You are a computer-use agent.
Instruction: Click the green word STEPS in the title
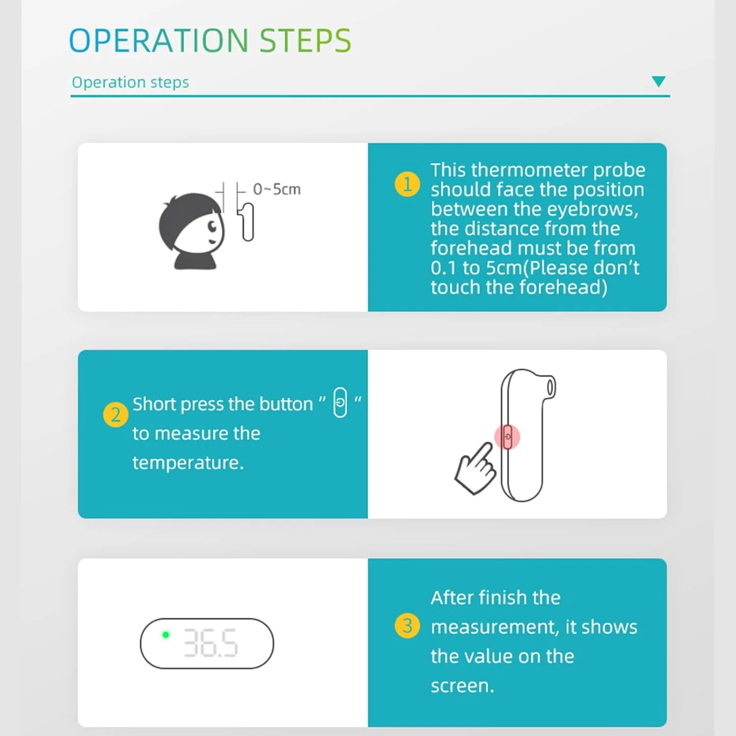(x=305, y=40)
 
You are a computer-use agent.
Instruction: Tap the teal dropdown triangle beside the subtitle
(x=658, y=81)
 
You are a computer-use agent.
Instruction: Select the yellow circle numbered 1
(x=407, y=184)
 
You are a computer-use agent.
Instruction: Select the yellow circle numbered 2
(x=116, y=415)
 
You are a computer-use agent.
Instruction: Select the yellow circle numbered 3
(x=407, y=626)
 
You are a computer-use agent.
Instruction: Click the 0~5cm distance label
(x=277, y=189)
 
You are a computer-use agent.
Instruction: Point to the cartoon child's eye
(x=212, y=226)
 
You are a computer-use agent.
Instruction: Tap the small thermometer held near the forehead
(x=247, y=222)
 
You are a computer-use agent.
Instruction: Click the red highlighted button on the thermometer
(x=507, y=437)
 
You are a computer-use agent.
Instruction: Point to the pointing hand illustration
(x=475, y=469)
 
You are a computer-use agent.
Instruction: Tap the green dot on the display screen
(x=166, y=634)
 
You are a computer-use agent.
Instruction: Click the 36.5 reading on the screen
(x=210, y=643)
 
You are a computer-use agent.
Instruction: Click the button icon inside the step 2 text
(x=340, y=402)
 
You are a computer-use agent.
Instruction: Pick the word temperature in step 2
(x=188, y=463)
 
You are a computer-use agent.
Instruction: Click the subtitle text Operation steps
(x=130, y=82)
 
